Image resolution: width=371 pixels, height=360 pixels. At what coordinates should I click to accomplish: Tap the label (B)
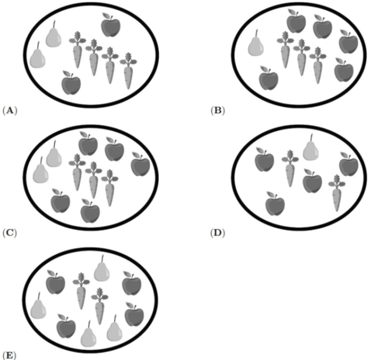(217, 111)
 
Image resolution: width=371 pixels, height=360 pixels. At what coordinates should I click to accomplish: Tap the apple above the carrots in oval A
(111, 26)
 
